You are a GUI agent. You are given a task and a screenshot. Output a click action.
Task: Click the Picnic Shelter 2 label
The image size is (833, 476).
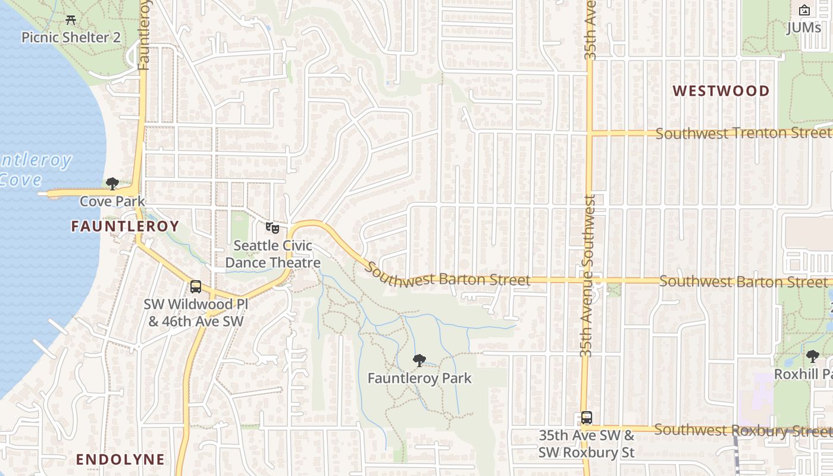(71, 37)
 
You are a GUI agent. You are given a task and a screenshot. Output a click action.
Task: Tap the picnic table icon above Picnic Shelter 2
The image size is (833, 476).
(71, 20)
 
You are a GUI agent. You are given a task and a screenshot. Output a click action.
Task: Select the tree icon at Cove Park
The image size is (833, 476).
(112, 184)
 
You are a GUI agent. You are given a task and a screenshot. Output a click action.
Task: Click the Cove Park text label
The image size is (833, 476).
(112, 201)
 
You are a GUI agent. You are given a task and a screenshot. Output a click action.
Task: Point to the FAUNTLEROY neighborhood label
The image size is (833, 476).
(125, 226)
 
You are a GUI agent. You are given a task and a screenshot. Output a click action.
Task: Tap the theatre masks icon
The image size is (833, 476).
(273, 227)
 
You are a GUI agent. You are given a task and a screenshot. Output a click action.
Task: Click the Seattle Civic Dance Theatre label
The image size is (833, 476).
(273, 254)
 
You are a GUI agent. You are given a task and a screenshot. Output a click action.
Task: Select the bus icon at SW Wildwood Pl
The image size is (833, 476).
(196, 287)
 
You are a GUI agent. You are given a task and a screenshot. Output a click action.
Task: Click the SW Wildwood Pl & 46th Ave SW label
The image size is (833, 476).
(196, 313)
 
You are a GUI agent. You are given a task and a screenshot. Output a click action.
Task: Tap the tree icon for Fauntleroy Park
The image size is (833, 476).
(419, 360)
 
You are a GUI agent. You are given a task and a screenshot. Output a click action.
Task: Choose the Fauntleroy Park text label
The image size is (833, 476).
(419, 378)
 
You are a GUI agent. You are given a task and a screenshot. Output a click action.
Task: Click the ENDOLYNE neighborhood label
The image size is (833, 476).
(120, 459)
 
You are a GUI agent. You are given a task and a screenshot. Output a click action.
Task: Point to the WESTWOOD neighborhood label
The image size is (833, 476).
(721, 91)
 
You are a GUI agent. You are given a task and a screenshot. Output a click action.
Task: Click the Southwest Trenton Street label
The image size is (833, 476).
(744, 133)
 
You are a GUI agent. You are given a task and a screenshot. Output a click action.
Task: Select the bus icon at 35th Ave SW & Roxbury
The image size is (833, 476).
(587, 418)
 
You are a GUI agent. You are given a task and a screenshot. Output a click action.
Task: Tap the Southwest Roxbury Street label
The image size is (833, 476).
(743, 430)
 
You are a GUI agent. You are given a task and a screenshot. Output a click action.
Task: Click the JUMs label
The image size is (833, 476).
(803, 27)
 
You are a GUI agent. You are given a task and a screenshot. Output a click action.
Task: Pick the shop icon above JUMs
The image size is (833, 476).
(804, 10)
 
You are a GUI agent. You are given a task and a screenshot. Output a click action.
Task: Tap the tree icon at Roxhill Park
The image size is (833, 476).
(812, 356)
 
